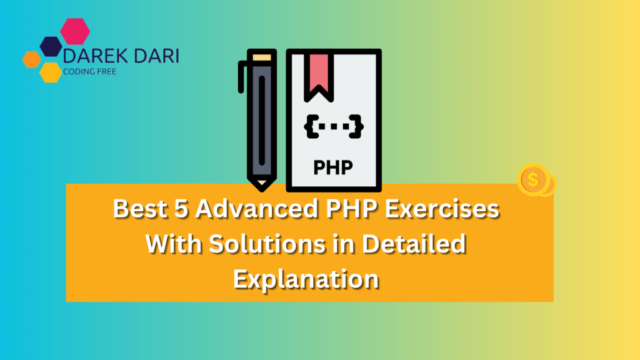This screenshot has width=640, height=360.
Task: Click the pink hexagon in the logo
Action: tap(75, 31)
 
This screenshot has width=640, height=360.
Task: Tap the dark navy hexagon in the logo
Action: tap(51, 46)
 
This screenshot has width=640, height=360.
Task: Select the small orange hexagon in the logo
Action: tap(32, 59)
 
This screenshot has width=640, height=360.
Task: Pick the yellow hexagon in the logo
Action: tap(51, 72)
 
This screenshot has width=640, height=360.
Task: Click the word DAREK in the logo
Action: tap(95, 56)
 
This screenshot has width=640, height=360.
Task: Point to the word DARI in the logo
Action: tap(156, 56)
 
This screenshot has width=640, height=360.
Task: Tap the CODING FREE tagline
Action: tap(90, 72)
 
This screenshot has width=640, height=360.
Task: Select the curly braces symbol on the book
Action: tap(334, 126)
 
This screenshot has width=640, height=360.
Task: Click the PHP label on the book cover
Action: tap(333, 167)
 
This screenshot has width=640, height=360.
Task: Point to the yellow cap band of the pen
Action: tap(262, 57)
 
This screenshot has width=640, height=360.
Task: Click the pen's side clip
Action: tap(242, 77)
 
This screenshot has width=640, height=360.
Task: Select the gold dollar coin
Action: tap(534, 179)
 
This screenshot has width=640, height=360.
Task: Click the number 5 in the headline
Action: tap(181, 209)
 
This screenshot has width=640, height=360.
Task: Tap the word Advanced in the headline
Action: tap(257, 209)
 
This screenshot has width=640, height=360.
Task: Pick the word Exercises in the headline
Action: tap(442, 209)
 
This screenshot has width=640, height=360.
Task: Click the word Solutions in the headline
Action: tap(267, 244)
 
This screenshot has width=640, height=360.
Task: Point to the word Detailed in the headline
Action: tap(414, 244)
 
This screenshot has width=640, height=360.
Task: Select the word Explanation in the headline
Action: tap(306, 280)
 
